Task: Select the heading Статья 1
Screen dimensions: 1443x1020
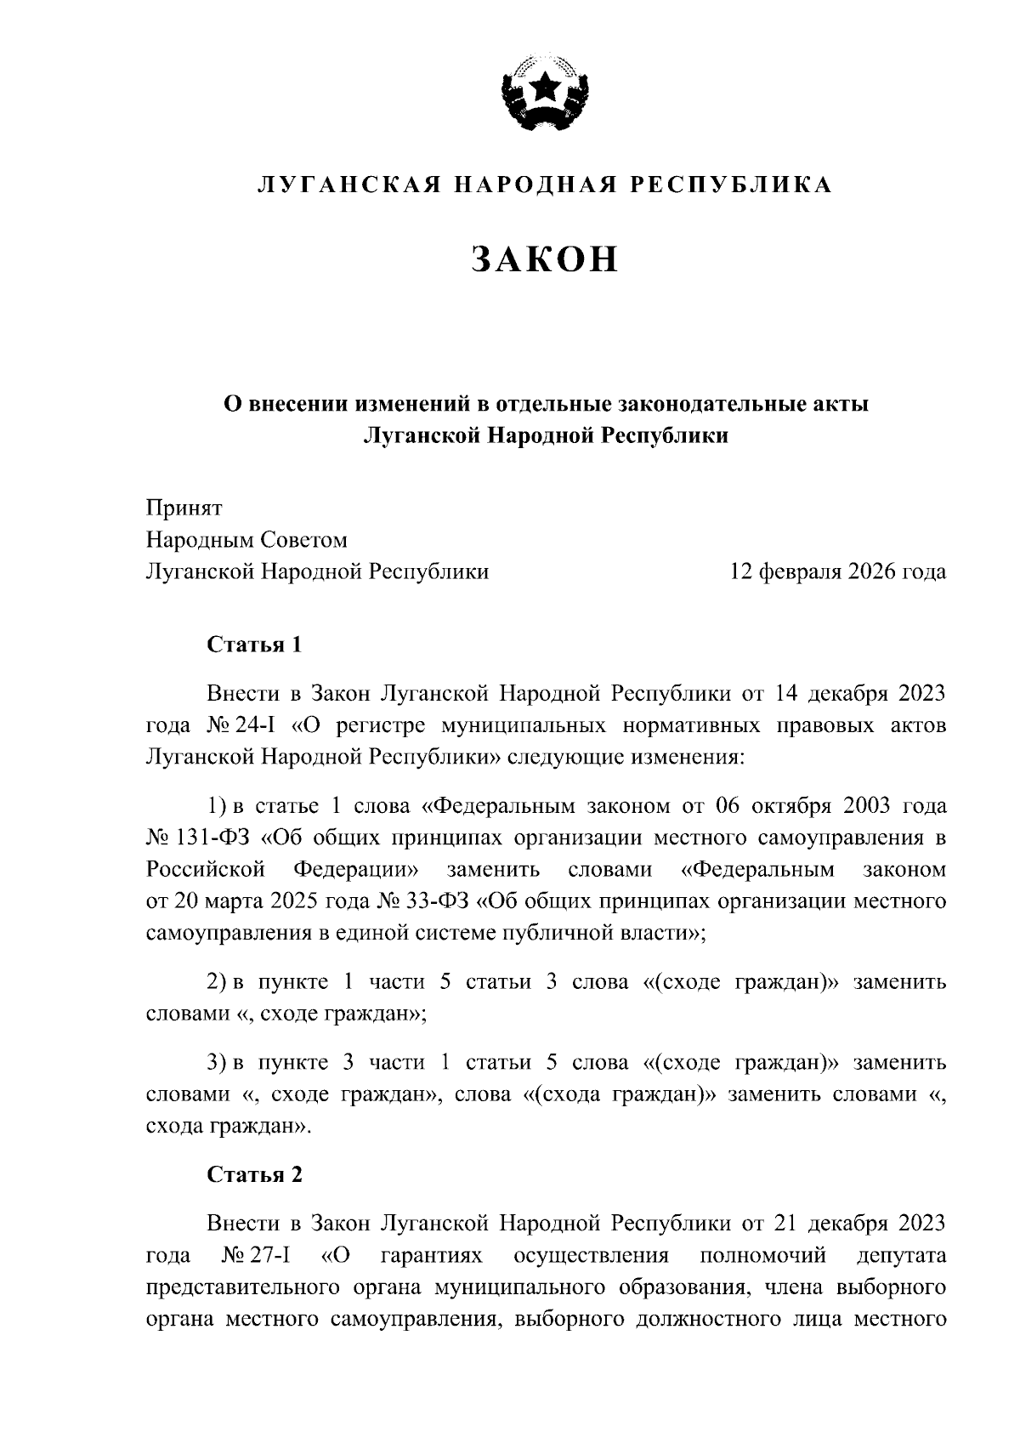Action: point(255,645)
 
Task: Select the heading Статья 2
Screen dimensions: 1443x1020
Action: point(255,1175)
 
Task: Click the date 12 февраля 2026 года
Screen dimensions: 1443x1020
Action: point(838,571)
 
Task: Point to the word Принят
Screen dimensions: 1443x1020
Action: point(184,508)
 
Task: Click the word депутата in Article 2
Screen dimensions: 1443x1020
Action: point(901,1256)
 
